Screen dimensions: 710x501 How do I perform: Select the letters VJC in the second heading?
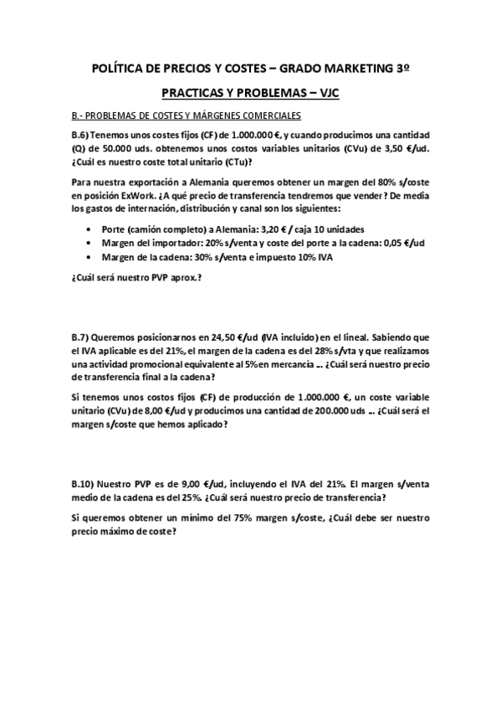[324, 95]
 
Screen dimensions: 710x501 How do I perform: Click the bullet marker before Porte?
[89, 229]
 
